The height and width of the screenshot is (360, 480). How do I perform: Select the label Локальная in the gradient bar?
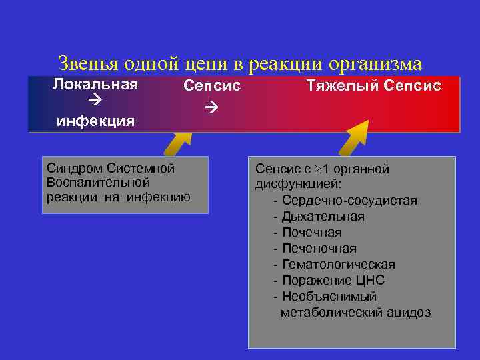point(95,85)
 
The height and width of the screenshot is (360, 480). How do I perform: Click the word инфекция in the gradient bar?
point(95,121)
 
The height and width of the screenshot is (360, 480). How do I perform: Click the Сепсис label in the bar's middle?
point(212,86)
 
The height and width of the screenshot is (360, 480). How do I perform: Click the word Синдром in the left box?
point(73,168)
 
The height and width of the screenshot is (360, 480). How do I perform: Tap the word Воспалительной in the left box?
point(89,182)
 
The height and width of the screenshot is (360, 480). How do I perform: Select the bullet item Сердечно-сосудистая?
point(349,201)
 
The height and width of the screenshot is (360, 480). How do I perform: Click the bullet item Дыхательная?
point(323,217)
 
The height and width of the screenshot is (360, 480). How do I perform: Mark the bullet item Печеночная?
point(319,249)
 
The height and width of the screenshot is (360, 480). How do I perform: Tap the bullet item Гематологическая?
point(338,265)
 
